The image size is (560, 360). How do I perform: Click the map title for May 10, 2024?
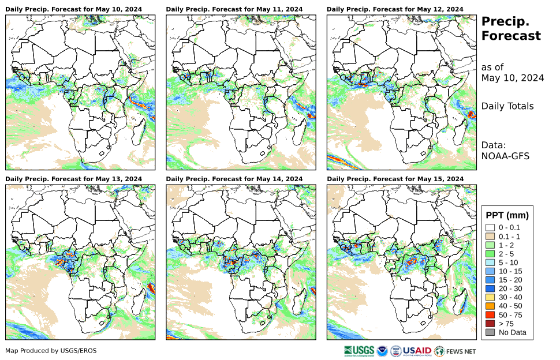(74, 9)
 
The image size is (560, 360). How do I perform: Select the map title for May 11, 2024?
(234, 9)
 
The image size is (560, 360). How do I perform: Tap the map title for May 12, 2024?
(395, 9)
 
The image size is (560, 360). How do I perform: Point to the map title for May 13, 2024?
(74, 179)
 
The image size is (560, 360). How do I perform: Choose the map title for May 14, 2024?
(234, 179)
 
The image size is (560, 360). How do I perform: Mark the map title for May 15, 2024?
(395, 179)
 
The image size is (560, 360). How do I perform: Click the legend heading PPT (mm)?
(507, 215)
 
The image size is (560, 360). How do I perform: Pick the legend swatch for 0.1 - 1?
(490, 237)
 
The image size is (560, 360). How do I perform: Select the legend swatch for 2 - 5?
(490, 254)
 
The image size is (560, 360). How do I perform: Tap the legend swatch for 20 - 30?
(490, 288)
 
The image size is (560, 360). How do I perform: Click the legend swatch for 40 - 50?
(490, 306)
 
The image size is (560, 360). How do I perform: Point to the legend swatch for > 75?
(490, 324)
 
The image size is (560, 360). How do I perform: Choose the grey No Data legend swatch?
(490, 332)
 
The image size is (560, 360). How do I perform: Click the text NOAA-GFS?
(505, 156)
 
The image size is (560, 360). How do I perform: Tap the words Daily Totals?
(507, 106)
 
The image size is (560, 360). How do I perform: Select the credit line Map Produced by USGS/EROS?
(51, 351)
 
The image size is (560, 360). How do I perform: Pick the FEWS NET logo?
(456, 351)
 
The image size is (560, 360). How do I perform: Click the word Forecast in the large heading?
(511, 36)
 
